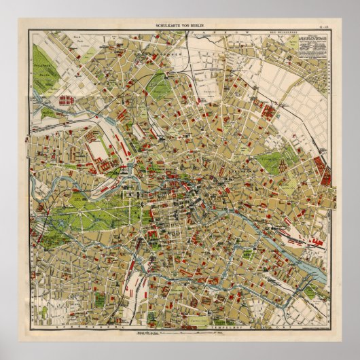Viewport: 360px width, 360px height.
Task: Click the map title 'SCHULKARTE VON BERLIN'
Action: coord(181,25)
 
